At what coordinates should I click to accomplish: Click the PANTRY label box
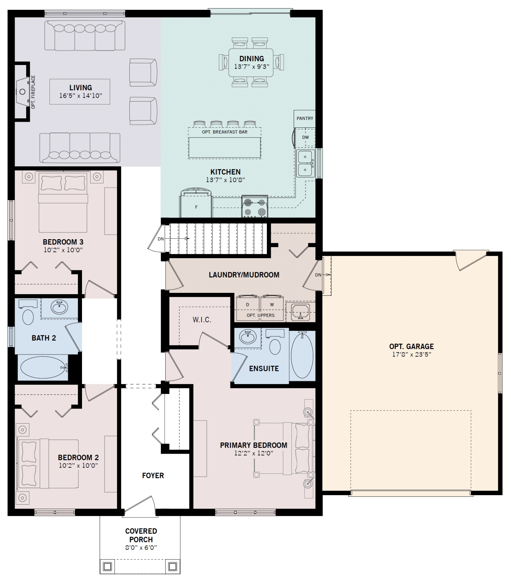point(305,119)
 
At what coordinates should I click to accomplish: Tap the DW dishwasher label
point(305,137)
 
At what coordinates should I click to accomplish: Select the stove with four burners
point(255,207)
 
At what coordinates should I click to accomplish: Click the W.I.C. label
point(202,320)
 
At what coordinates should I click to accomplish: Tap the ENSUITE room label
point(264,369)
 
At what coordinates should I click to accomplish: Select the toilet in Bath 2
point(27,313)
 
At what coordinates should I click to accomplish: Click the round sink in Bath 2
point(59,307)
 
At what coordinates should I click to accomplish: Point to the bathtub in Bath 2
point(43,367)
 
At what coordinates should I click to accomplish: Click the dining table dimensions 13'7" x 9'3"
point(252,67)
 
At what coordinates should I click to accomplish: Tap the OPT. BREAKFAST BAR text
point(225,132)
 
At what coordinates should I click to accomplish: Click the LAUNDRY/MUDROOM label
point(244,275)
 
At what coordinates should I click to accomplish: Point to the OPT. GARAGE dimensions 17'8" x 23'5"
point(412,354)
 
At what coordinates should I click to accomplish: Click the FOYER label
point(153,476)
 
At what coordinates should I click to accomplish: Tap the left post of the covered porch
point(107,566)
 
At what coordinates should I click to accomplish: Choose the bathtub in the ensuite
point(302,355)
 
